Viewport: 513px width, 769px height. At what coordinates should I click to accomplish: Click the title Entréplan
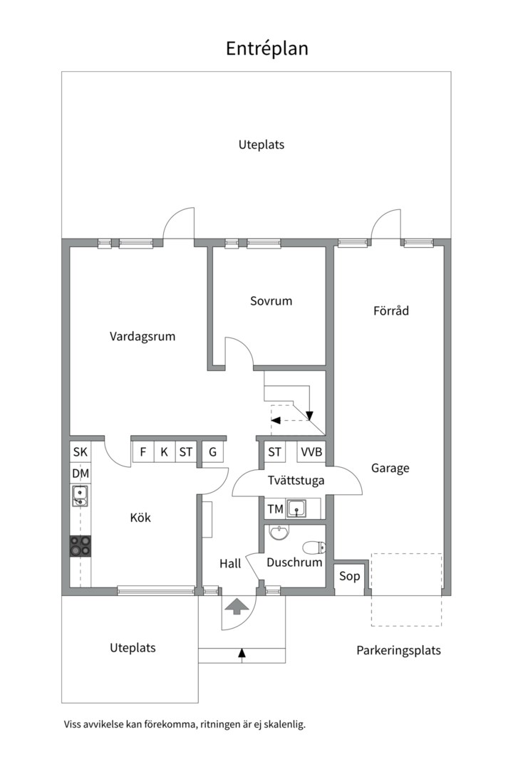267,48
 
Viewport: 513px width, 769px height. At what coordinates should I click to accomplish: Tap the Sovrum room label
271,300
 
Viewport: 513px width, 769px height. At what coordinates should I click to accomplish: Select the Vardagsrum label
142,336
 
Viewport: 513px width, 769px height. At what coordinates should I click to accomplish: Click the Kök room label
140,517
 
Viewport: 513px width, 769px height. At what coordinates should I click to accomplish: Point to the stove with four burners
81,545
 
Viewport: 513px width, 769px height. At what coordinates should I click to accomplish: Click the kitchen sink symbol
80,496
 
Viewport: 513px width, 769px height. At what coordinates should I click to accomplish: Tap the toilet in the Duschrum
314,547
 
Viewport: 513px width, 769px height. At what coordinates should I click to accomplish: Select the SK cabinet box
80,451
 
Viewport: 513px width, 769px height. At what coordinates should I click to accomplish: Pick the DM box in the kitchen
81,474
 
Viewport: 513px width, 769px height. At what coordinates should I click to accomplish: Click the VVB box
311,451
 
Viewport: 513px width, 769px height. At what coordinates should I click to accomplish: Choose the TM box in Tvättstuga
276,509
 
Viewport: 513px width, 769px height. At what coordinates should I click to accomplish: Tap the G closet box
212,451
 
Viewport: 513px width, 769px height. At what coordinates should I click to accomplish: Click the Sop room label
350,576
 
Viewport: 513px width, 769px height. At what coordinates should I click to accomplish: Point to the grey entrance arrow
237,606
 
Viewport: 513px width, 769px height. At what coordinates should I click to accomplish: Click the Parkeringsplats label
398,651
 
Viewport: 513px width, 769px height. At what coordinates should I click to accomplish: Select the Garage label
390,469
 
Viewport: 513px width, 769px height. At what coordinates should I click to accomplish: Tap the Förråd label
391,310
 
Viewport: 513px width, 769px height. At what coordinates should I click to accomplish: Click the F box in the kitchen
142,451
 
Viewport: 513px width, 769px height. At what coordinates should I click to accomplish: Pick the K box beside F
165,451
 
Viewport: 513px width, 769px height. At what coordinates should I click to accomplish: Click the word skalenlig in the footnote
285,724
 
